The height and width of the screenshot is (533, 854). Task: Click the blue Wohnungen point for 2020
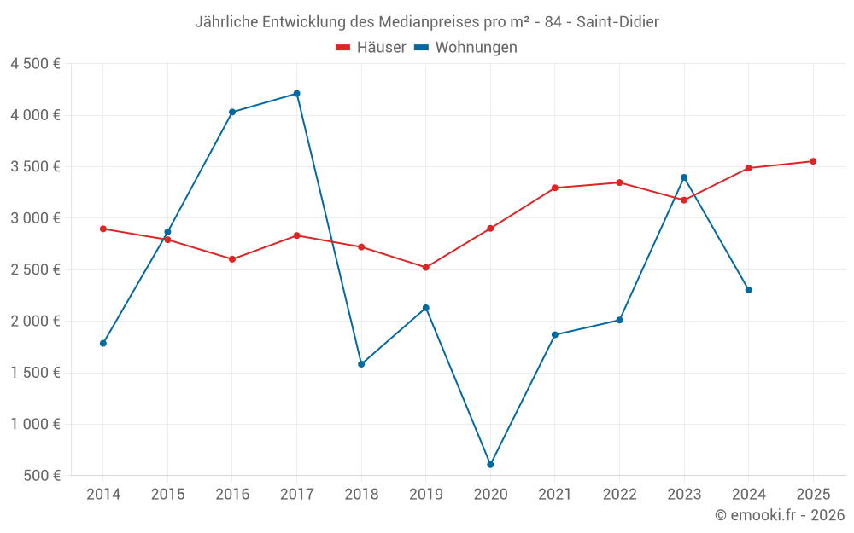click(490, 465)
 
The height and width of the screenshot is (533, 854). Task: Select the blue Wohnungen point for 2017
click(296, 94)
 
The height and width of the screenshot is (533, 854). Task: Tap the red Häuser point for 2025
click(813, 161)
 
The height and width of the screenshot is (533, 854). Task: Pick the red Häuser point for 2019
click(425, 268)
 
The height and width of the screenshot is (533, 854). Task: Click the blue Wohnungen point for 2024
click(748, 290)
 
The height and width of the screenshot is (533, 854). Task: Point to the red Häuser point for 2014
click(102, 229)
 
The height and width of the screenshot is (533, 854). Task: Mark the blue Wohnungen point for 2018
click(361, 364)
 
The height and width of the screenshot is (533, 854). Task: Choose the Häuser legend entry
click(371, 48)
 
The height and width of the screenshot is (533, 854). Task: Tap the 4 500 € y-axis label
click(35, 64)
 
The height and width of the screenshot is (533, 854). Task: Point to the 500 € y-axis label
click(41, 476)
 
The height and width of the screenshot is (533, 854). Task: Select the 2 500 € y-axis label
click(35, 269)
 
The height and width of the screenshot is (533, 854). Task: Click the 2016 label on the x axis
click(232, 495)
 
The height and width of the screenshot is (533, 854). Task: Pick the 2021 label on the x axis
click(555, 495)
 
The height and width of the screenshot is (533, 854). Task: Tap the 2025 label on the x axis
click(813, 495)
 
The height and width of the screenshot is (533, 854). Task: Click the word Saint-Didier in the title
click(617, 21)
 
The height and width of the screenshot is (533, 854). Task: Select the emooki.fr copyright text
click(780, 515)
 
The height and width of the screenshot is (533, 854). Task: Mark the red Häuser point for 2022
click(619, 182)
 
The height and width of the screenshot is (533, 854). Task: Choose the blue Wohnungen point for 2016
click(232, 112)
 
